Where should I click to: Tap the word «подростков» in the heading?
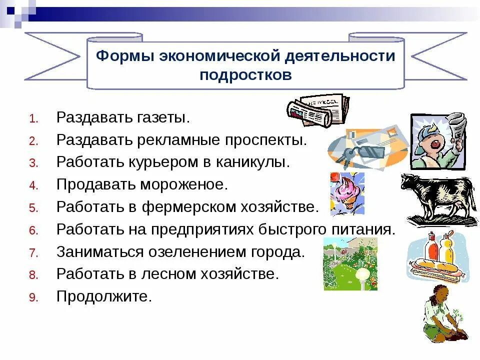coord(245,75)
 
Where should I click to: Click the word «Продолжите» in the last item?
coord(103,296)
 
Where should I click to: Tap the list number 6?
coord(33,230)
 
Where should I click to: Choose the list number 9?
coord(33,297)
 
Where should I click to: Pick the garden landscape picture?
coord(350,264)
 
